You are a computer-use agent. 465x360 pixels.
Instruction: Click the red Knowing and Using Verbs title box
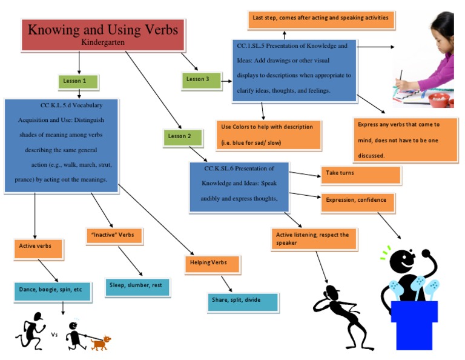pos(103,35)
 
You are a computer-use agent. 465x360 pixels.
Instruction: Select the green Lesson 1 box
pos(79,81)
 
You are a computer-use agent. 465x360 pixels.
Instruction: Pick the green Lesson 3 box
pos(201,80)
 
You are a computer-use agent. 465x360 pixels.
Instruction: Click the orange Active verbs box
pos(38,247)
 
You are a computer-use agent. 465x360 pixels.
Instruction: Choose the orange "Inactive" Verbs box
pos(114,235)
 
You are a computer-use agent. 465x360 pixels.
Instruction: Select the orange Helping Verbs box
pos(212,264)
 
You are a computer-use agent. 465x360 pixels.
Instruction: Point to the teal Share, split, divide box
pos(242,301)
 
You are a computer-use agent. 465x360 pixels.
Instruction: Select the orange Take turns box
pos(360,174)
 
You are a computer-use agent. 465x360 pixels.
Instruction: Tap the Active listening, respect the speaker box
pos(314,239)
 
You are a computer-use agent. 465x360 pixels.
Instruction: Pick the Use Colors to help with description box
pos(268,135)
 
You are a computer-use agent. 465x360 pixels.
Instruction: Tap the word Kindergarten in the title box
pos(103,43)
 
